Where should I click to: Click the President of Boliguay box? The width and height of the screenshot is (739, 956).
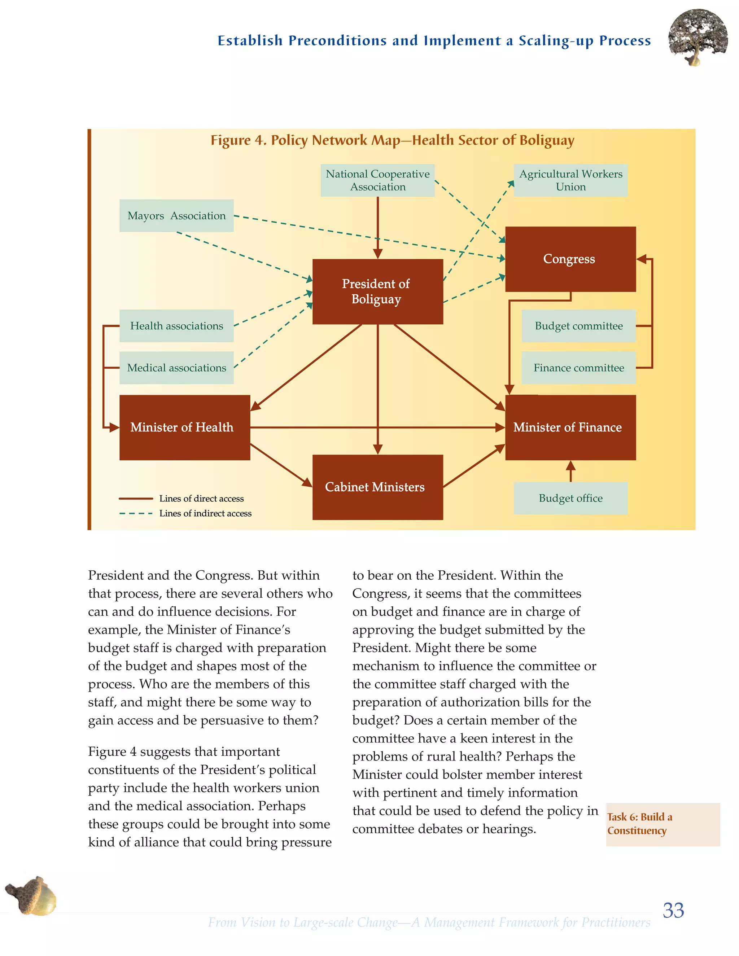[x=377, y=291]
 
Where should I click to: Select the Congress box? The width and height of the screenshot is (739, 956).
[x=570, y=259]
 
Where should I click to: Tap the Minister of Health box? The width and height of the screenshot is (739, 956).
[x=184, y=427]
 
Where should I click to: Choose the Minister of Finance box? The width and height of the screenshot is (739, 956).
[x=570, y=427]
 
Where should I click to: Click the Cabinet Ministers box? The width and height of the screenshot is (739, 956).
[x=377, y=487]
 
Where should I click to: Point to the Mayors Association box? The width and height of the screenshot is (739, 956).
[x=176, y=216]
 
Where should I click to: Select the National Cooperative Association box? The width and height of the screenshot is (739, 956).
[x=377, y=180]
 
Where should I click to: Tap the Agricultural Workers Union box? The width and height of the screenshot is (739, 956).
[x=570, y=180]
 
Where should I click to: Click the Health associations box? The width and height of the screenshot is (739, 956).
[x=176, y=326]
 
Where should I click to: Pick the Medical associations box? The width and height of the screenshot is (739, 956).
[x=176, y=368]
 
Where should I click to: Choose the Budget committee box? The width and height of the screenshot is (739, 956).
[x=578, y=326]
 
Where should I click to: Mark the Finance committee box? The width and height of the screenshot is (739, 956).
[x=578, y=368]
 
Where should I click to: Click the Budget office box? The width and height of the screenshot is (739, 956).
[x=570, y=498]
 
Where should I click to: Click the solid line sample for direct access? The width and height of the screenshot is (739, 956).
[x=136, y=499]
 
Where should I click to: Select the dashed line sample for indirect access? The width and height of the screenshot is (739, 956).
[x=136, y=513]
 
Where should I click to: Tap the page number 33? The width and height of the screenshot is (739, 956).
[x=673, y=910]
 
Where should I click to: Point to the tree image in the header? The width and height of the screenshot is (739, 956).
[x=698, y=37]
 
